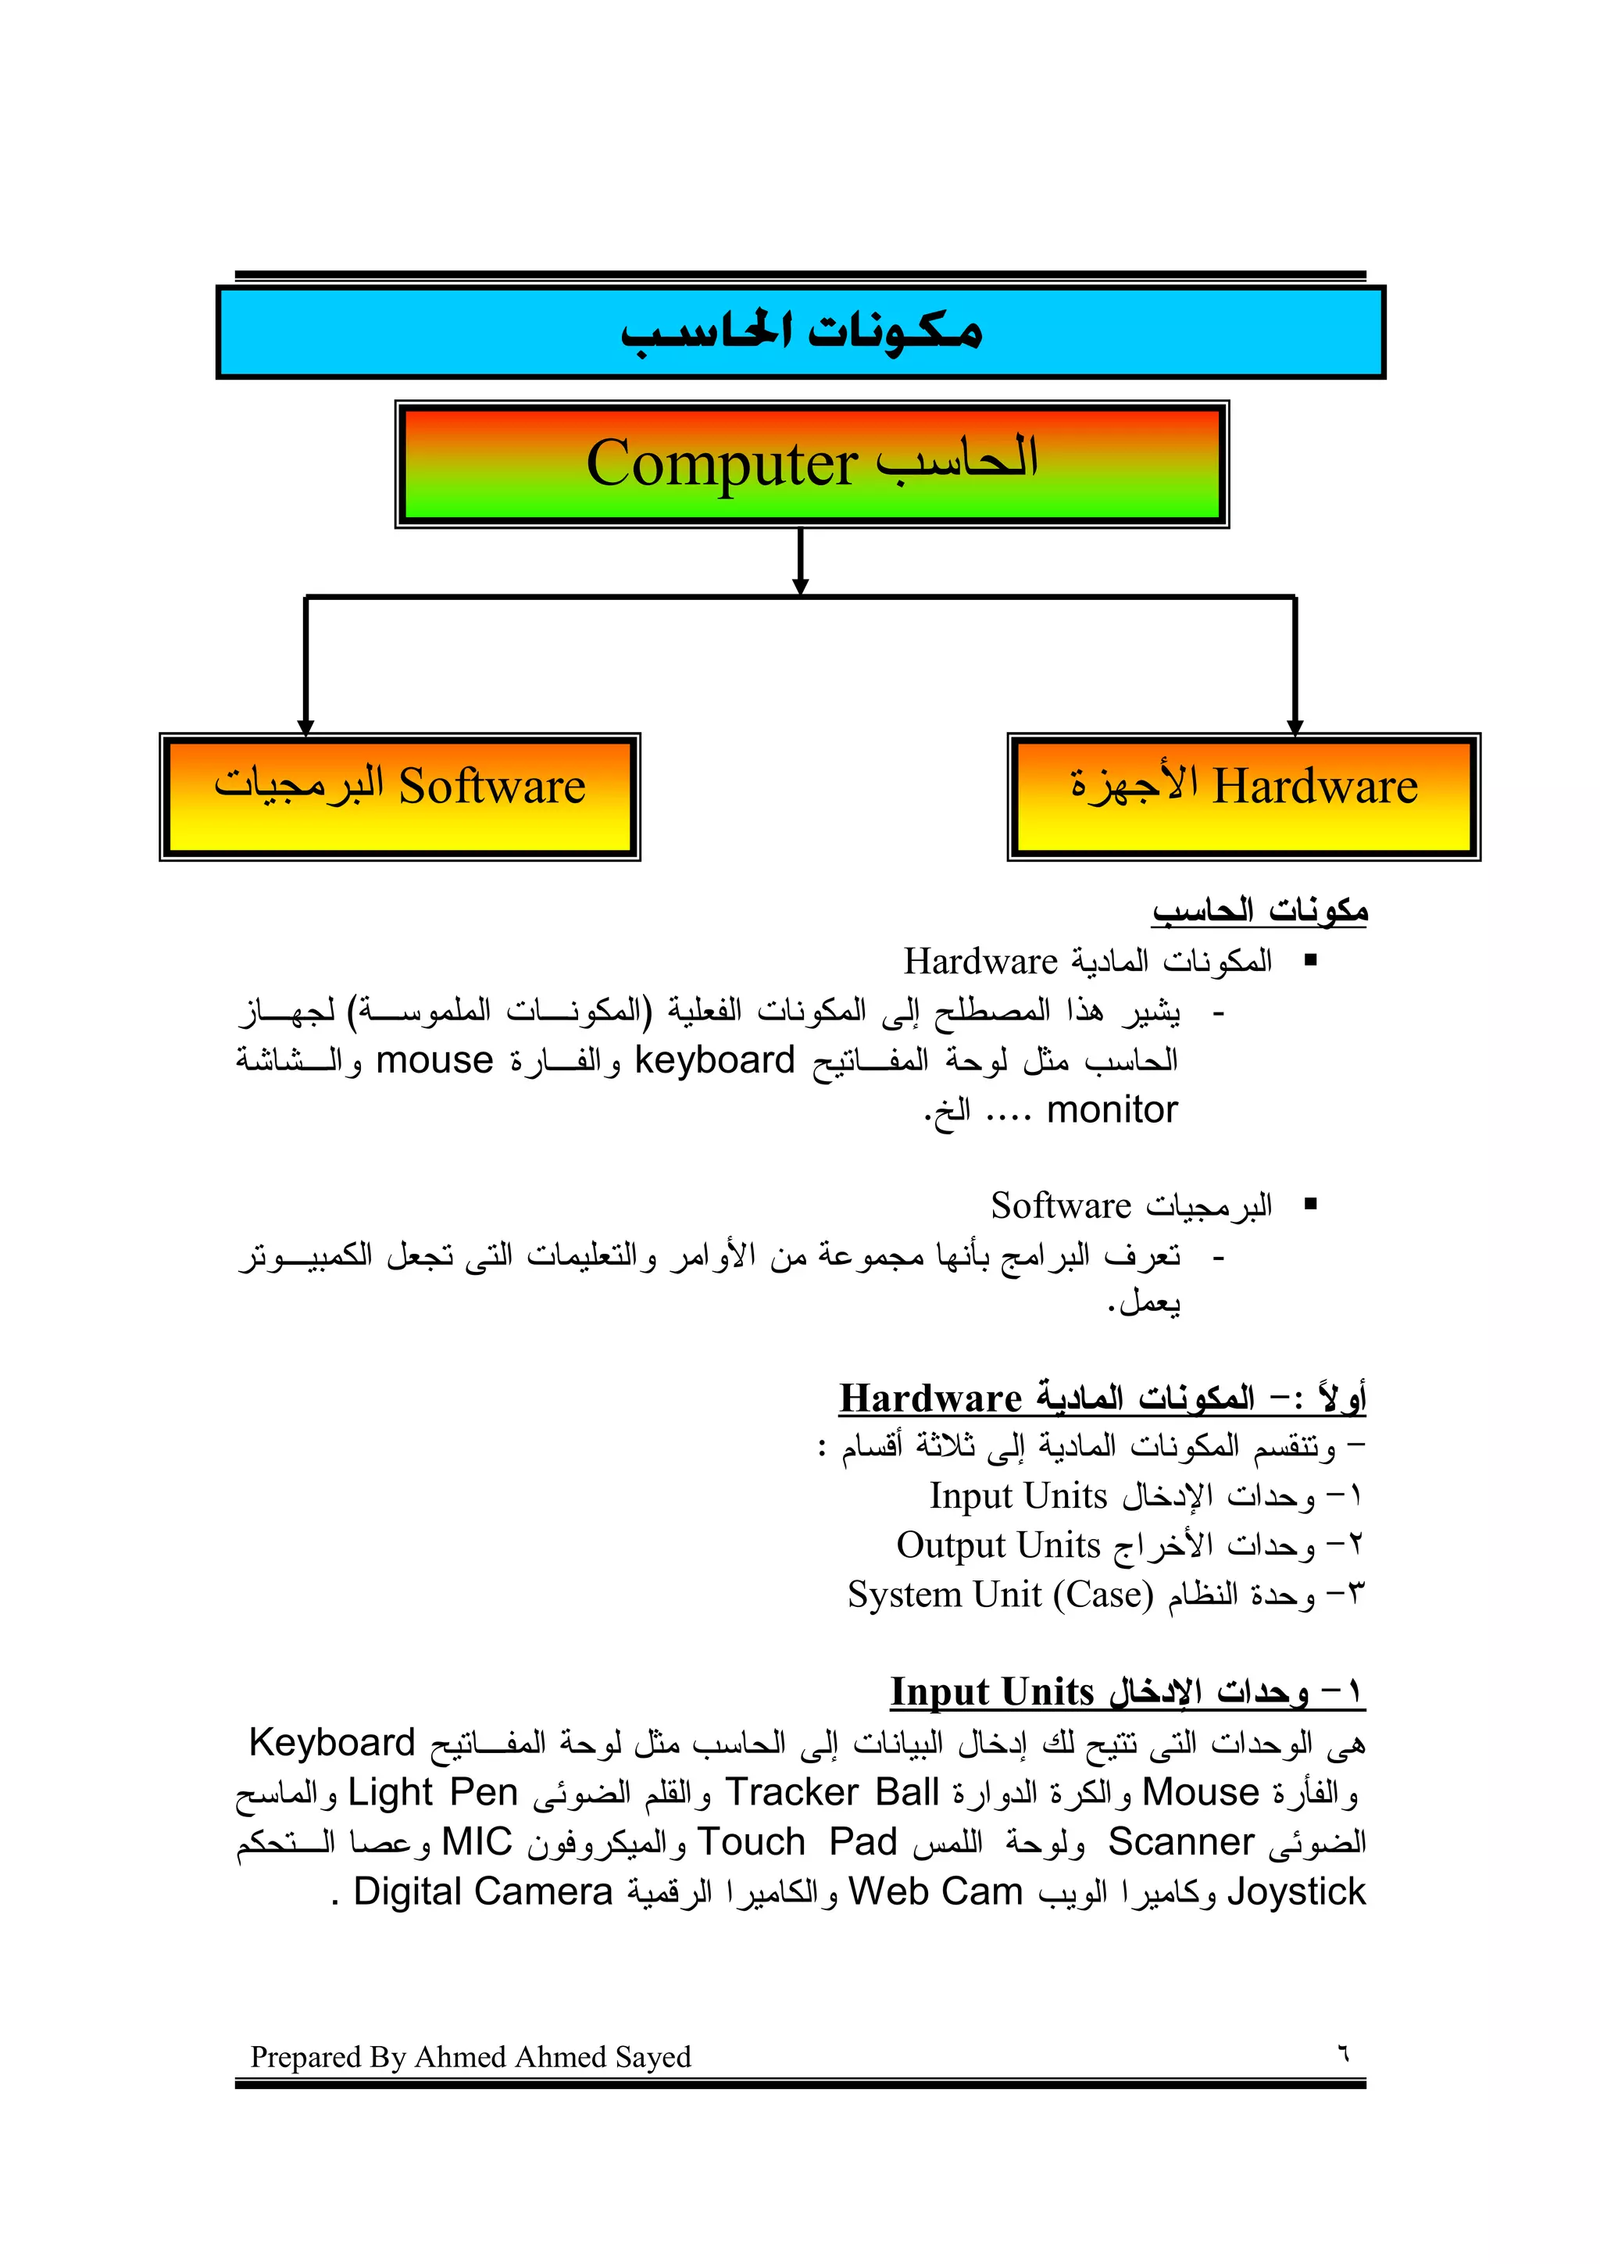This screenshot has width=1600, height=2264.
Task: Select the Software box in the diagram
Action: tap(399, 797)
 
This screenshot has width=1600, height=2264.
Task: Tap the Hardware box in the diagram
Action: tap(1243, 797)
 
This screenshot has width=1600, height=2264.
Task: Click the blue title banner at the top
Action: tap(801, 332)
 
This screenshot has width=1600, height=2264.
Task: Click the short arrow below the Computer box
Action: tap(801, 562)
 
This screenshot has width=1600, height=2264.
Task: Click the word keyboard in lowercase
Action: tap(715, 1060)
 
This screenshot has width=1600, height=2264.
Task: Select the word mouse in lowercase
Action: tap(434, 1060)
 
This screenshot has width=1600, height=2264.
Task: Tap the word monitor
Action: tap(1112, 1110)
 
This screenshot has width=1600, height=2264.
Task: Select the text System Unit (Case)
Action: tap(1000, 1594)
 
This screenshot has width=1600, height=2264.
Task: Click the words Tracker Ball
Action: tap(832, 1791)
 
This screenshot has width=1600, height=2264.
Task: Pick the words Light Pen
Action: tap(434, 1791)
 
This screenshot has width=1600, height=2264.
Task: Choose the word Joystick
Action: tap(1296, 1891)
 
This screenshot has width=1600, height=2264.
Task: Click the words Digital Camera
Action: tap(483, 1891)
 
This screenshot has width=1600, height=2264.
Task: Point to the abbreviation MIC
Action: tap(477, 1842)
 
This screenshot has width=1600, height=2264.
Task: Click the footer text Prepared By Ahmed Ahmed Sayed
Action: tap(470, 2057)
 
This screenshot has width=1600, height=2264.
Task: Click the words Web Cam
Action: tap(936, 1891)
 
